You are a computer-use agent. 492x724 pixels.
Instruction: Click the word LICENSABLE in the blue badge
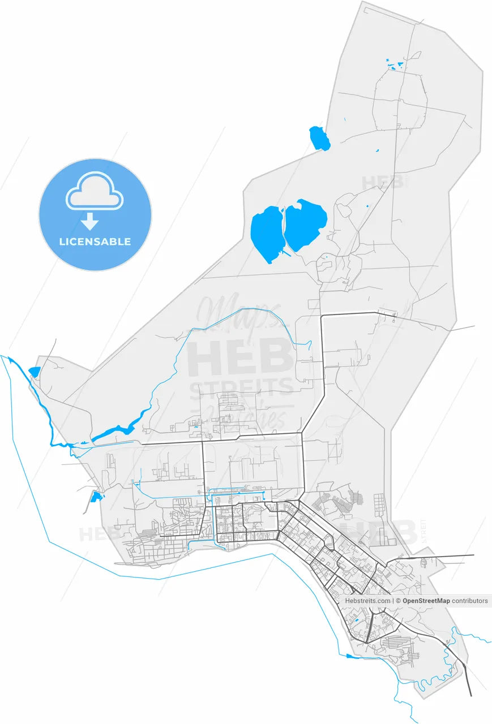[x=95, y=242]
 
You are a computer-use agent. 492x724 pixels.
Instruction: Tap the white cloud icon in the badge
[x=95, y=192]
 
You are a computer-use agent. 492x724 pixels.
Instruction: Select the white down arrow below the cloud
[x=91, y=221]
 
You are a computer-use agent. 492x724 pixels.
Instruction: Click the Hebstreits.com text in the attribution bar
[x=367, y=601]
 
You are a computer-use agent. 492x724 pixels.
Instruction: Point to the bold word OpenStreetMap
[x=426, y=601]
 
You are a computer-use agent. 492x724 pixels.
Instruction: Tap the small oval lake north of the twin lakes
[x=319, y=139]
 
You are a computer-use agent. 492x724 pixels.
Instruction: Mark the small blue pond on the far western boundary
[x=34, y=372]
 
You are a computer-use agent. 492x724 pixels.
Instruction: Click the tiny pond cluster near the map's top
[x=395, y=64]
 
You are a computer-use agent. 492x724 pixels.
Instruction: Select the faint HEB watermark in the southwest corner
[x=99, y=534]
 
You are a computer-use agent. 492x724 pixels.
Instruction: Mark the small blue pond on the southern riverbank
[x=351, y=656]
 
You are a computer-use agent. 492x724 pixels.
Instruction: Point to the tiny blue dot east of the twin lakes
[x=367, y=205]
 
